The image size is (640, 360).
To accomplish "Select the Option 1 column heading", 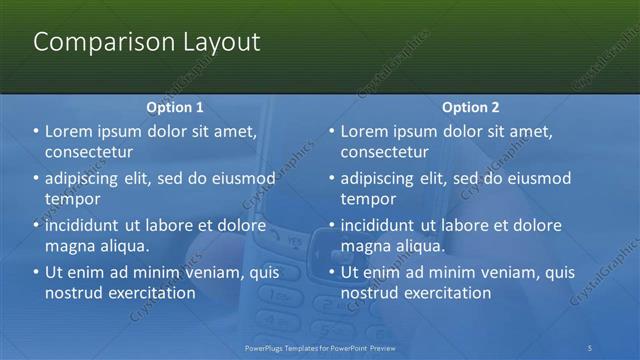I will click(x=175, y=107).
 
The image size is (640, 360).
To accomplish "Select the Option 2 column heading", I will click(x=471, y=107).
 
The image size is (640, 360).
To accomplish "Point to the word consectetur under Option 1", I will click(x=89, y=152).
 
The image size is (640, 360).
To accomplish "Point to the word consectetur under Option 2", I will click(x=385, y=152).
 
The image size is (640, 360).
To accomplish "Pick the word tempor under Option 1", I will click(x=73, y=198).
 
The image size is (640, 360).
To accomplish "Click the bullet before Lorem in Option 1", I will click(x=36, y=131).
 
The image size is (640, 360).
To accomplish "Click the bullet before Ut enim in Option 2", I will click(x=332, y=271).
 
